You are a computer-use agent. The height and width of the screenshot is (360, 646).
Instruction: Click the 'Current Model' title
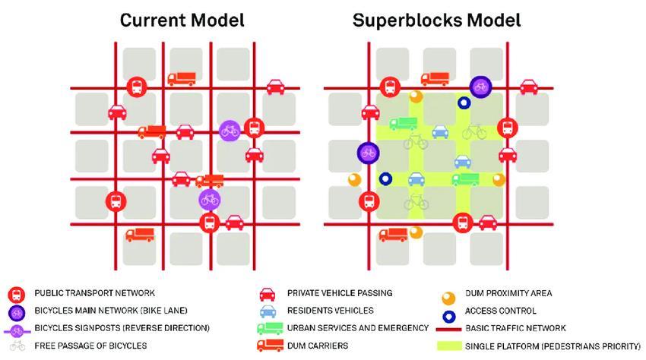(x=182, y=20)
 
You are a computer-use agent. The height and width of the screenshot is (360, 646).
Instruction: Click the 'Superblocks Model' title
(x=436, y=20)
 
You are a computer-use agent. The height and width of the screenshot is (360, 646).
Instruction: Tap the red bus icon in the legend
(x=15, y=293)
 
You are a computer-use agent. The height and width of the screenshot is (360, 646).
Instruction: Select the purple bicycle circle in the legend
(x=15, y=311)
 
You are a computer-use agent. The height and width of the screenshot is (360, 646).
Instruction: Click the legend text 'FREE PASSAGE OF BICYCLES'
(x=90, y=346)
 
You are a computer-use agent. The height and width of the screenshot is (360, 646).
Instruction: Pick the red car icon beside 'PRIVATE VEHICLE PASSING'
(x=267, y=293)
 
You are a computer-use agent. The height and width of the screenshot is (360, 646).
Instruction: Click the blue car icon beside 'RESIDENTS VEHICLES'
(x=267, y=311)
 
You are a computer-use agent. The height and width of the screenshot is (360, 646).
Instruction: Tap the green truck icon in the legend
(x=267, y=328)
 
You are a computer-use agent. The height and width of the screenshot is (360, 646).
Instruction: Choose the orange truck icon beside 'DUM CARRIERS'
(x=267, y=346)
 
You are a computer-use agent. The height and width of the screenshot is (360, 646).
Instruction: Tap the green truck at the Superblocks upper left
(x=397, y=124)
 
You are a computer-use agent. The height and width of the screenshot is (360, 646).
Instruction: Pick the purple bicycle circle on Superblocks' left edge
(x=368, y=153)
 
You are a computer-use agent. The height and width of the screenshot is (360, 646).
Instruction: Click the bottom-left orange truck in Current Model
(x=139, y=235)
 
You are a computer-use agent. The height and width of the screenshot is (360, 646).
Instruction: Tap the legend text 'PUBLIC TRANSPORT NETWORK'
(x=94, y=293)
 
